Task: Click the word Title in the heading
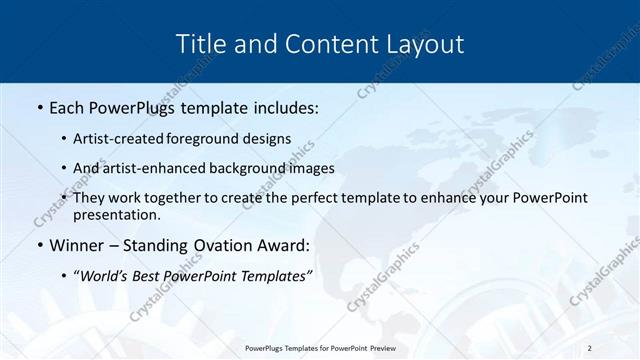click(199, 44)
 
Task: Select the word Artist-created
click(120, 138)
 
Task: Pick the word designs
click(268, 138)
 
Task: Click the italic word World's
click(106, 276)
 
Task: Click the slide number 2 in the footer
click(589, 347)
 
